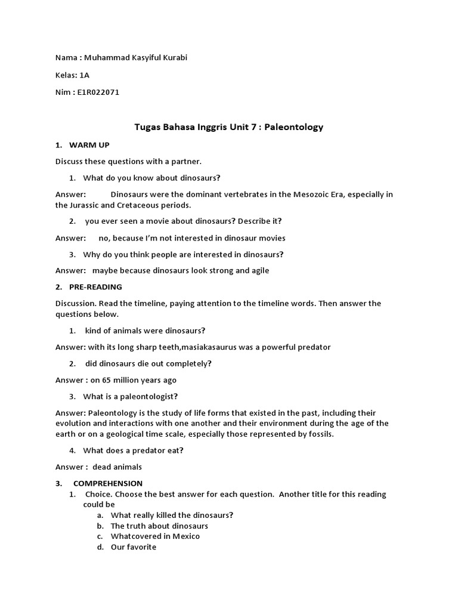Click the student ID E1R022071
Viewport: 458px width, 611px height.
pyautogui.click(x=98, y=92)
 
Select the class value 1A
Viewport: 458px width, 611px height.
pyautogui.click(x=84, y=75)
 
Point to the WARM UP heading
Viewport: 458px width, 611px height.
pyautogui.click(x=89, y=145)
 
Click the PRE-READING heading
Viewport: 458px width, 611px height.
pyautogui.click(x=95, y=287)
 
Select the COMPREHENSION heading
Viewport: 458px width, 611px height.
pyautogui.click(x=108, y=483)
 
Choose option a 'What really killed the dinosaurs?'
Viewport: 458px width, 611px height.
pyautogui.click(x=172, y=515)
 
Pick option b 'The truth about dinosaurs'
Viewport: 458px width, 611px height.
pyautogui.click(x=159, y=526)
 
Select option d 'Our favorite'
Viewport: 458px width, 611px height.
pyautogui.click(x=134, y=547)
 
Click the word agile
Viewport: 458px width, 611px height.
pyautogui.click(x=258, y=270)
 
